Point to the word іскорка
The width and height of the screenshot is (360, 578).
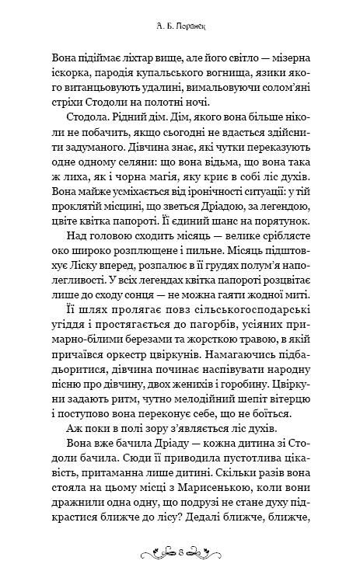66,75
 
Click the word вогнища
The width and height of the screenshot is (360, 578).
224,75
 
